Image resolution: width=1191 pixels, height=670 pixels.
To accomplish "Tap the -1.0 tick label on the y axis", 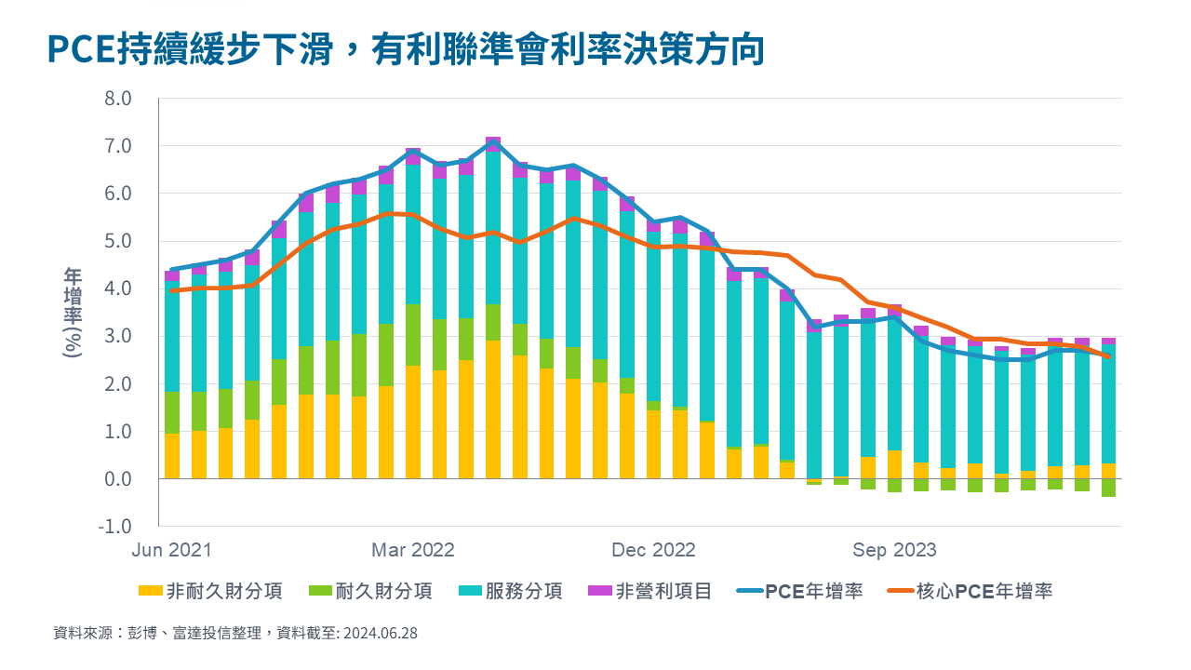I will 118,527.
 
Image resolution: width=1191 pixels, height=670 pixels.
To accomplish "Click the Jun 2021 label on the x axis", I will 172,550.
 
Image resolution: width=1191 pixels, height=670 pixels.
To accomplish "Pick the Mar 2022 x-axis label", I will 413,550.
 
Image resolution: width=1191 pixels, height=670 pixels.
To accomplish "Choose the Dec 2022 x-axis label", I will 654,550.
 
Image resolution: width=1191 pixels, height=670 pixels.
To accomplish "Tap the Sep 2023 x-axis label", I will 895,550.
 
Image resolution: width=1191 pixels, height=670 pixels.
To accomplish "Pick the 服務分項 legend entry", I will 511,591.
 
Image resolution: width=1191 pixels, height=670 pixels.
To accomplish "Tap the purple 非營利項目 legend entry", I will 650,591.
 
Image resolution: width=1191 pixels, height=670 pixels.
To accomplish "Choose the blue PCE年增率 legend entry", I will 800,591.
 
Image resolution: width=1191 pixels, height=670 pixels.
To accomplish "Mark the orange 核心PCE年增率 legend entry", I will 970,591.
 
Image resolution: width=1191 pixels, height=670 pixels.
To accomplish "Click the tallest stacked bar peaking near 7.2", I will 493,307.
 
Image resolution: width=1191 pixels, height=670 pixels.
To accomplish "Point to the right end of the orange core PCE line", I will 1108,356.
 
